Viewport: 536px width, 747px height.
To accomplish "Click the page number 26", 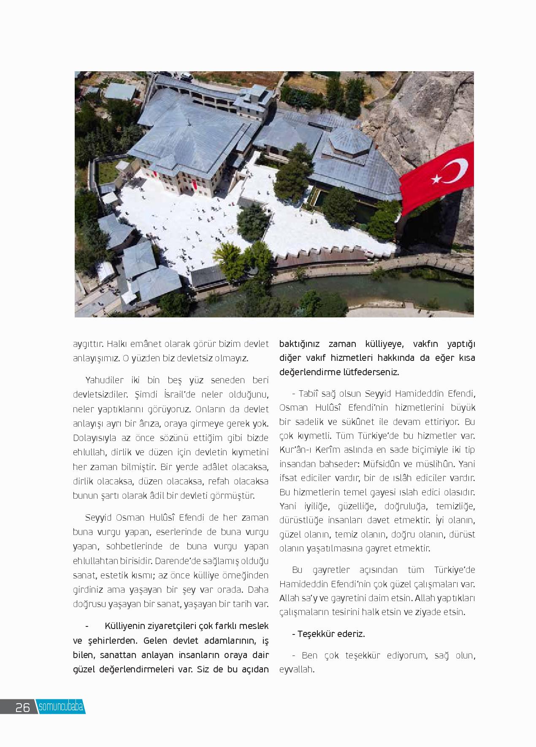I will coord(22,707).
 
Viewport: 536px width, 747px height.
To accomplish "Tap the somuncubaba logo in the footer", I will coord(61,707).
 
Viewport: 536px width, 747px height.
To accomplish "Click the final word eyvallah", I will coord(297,669).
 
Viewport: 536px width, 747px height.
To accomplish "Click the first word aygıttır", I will coord(88,344).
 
